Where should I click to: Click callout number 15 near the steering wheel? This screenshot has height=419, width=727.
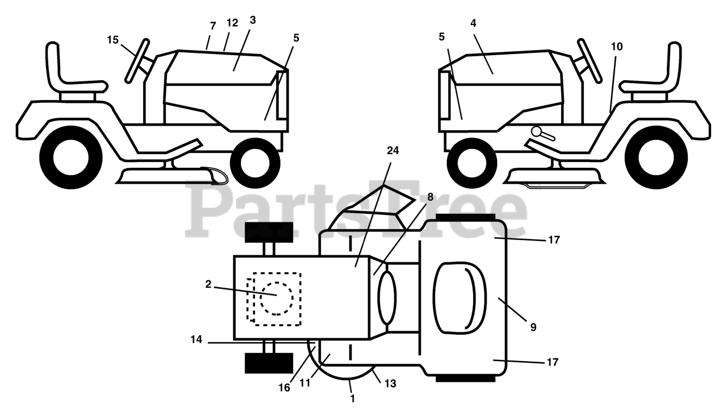click(x=113, y=40)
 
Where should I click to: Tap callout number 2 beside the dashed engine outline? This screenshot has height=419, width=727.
click(x=208, y=284)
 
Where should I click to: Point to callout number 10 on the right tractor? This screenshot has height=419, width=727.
click(x=617, y=47)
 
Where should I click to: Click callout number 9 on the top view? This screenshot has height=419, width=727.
click(x=533, y=327)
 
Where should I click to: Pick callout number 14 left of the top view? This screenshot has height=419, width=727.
click(x=196, y=339)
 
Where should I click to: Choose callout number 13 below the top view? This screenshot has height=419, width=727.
click(x=390, y=384)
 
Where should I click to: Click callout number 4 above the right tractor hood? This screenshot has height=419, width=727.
click(x=473, y=23)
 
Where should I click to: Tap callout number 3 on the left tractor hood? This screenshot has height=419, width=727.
click(x=253, y=20)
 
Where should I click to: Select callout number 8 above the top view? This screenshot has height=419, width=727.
click(x=430, y=197)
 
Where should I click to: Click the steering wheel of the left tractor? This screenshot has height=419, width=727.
click(x=138, y=60)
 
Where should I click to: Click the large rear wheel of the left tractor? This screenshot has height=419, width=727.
click(x=71, y=156)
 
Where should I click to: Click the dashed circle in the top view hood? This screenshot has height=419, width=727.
click(x=277, y=298)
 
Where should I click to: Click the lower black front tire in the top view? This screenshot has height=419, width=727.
click(x=269, y=363)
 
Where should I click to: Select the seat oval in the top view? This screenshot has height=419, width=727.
click(x=459, y=297)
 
